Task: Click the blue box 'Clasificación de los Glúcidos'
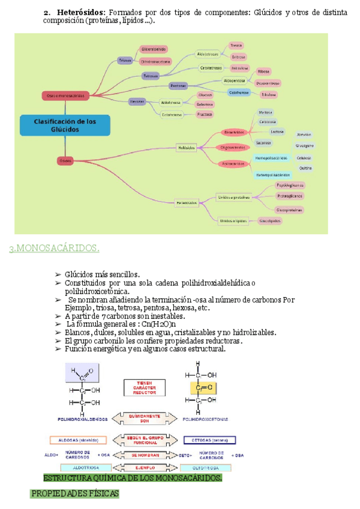(65, 125)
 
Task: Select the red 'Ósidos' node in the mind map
(65, 160)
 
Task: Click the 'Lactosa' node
(277, 131)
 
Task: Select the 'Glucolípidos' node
(271, 220)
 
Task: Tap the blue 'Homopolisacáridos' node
(271, 158)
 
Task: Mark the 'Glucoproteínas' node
(290, 209)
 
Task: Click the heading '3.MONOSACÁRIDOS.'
(54, 248)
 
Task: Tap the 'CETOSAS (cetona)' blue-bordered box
(209, 440)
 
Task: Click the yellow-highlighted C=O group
(202, 388)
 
